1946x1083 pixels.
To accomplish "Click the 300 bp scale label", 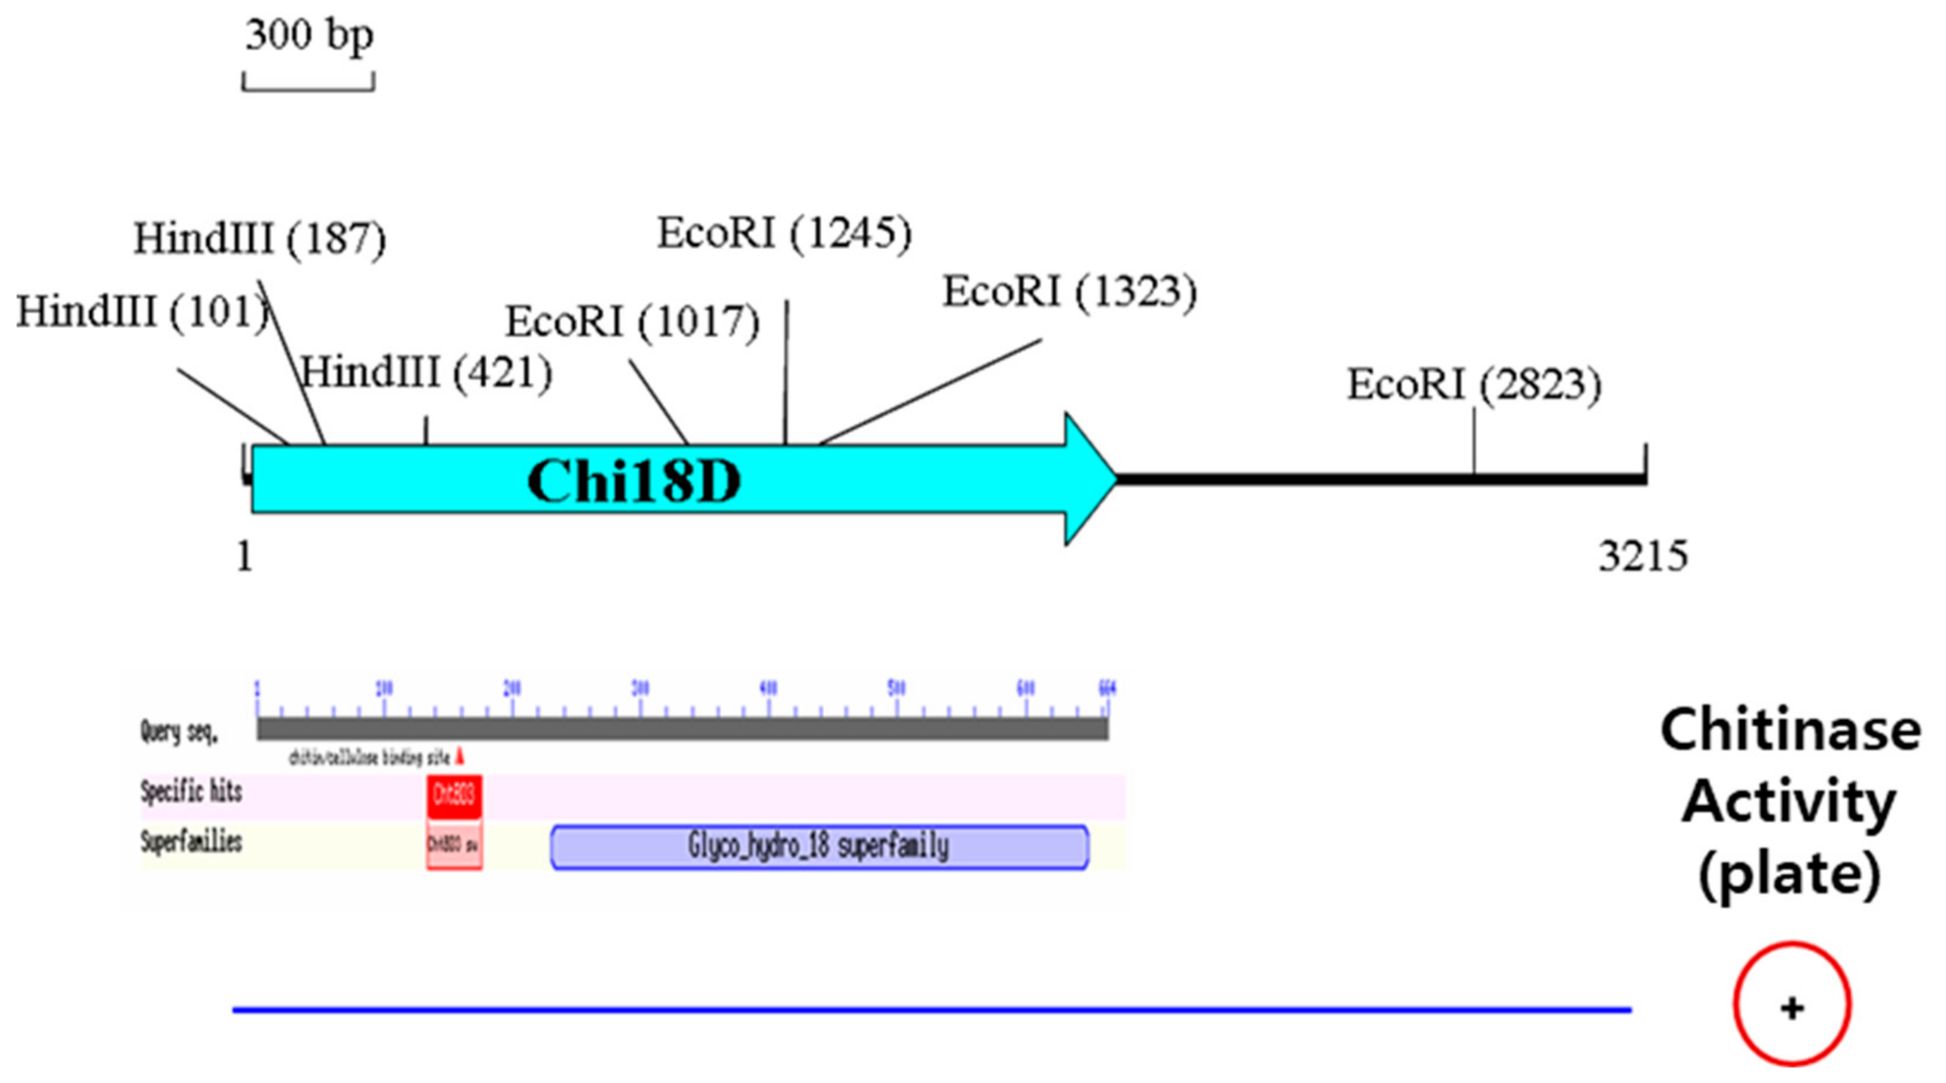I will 309,35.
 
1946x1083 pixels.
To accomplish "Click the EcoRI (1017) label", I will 632,322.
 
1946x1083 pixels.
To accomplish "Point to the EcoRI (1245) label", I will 784,232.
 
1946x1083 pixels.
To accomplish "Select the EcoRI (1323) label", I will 1069,292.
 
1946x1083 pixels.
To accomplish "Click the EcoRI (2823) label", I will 1474,384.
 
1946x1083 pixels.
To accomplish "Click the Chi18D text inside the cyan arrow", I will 633,481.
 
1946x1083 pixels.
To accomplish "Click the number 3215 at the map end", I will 1642,556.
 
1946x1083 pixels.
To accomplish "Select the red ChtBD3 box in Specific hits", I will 454,796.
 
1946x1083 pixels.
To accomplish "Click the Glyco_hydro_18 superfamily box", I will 819,846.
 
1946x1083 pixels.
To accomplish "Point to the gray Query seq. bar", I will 682,729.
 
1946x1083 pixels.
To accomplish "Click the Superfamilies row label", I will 191,842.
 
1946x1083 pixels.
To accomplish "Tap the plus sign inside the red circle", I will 1792,1008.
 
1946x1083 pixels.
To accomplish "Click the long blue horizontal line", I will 931,1009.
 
